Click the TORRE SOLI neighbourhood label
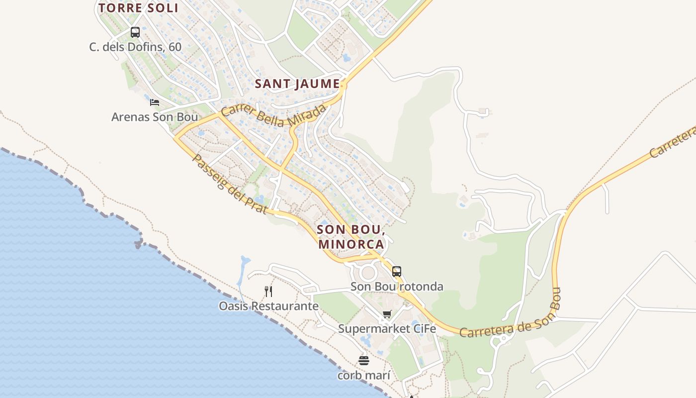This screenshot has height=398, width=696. [x=138, y=8]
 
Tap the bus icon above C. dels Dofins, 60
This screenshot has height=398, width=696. [x=135, y=32]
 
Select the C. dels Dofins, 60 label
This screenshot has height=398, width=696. [x=135, y=47]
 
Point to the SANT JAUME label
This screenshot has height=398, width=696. [x=297, y=84]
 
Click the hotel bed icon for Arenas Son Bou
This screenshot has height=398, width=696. [x=155, y=102]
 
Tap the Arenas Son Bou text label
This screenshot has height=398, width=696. [x=155, y=117]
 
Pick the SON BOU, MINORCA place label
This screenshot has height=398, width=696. [x=351, y=237]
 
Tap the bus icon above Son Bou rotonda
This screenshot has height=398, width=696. [x=396, y=272]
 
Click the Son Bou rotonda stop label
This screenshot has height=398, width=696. [x=397, y=287]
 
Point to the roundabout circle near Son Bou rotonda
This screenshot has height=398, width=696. [x=368, y=272]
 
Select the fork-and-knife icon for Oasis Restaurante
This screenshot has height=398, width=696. [x=268, y=291]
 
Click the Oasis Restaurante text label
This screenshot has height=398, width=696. [x=268, y=306]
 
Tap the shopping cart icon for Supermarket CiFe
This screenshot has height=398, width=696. [x=387, y=314]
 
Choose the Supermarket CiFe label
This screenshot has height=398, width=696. [x=387, y=329]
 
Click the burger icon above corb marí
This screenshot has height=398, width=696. [x=364, y=360]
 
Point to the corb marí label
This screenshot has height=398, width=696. [x=364, y=375]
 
